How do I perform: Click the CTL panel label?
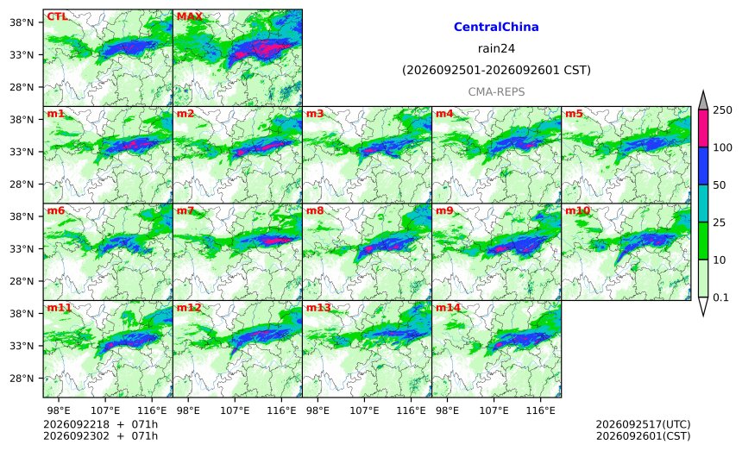click(57, 16)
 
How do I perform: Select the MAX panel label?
click(189, 16)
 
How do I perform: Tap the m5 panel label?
click(574, 114)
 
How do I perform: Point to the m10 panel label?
click(577, 210)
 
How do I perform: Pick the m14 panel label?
click(448, 308)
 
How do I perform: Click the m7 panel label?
click(185, 210)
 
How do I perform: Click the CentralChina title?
click(496, 27)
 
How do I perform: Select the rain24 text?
click(496, 48)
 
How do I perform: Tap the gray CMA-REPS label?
click(496, 91)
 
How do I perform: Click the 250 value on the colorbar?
click(723, 110)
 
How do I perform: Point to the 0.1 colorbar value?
click(720, 298)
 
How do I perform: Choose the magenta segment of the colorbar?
click(702, 128)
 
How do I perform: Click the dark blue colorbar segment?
click(702, 166)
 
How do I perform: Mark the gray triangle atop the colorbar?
click(702, 101)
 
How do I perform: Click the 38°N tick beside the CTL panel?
click(22, 22)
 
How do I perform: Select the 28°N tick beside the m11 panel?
click(22, 379)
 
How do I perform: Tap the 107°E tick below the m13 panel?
click(364, 410)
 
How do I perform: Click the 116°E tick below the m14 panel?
click(540, 410)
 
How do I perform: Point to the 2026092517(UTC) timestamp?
click(643, 424)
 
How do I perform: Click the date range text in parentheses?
click(496, 70)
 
